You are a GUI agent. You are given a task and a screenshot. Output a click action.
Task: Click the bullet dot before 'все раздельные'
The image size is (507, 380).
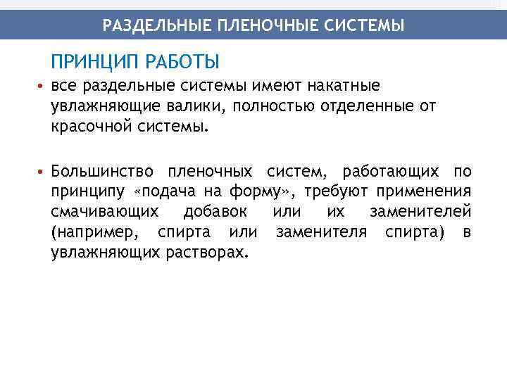[x=42, y=87]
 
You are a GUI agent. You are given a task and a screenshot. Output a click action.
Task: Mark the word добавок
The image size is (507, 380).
[x=215, y=212]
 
